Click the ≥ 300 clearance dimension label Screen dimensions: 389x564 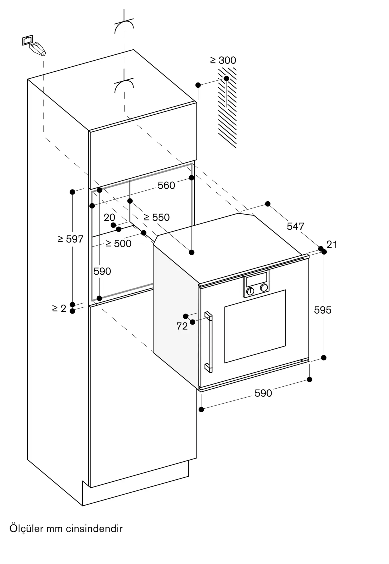[223, 60]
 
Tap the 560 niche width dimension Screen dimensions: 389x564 [166, 186]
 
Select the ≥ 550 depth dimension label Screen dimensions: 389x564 [157, 217]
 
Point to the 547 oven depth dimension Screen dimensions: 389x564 [295, 226]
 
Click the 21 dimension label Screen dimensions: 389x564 [332, 244]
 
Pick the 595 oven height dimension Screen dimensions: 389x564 [323, 310]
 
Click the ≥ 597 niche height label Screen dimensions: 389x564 [70, 239]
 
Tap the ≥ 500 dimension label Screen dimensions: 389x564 [118, 244]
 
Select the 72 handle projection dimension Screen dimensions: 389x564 [182, 326]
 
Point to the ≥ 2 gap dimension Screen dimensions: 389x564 [59, 309]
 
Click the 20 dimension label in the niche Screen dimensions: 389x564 [109, 217]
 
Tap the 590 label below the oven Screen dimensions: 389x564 [263, 393]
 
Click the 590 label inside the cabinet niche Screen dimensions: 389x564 [102, 271]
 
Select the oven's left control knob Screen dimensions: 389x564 [250, 291]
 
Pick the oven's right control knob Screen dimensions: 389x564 [264, 288]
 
